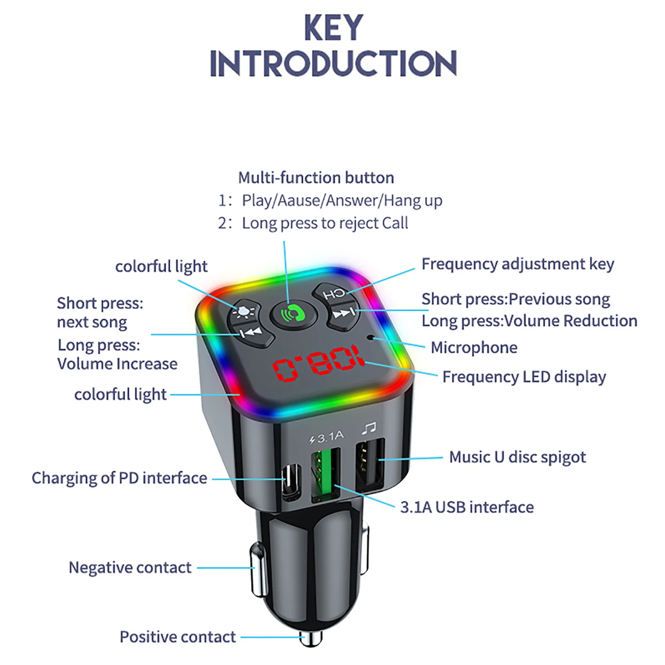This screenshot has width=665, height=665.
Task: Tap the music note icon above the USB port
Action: pos(368,428)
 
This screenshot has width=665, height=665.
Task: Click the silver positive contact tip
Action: pos(310,638)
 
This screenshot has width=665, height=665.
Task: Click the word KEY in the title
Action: pos(333,28)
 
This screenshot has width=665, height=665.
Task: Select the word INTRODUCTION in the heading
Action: pos(333,64)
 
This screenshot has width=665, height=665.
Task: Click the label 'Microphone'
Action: pos(474,347)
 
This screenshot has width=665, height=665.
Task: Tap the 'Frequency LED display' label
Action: pos(524,377)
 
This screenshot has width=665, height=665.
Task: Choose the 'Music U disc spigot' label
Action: pos(517,457)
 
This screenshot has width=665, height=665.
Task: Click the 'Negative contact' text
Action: pos(130,567)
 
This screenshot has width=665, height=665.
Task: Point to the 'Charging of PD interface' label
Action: pos(119,478)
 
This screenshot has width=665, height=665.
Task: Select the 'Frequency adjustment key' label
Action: pos(517,264)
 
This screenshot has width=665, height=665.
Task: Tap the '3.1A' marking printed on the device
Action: pos(330,437)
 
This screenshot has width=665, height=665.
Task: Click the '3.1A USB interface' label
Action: pos(467,507)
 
